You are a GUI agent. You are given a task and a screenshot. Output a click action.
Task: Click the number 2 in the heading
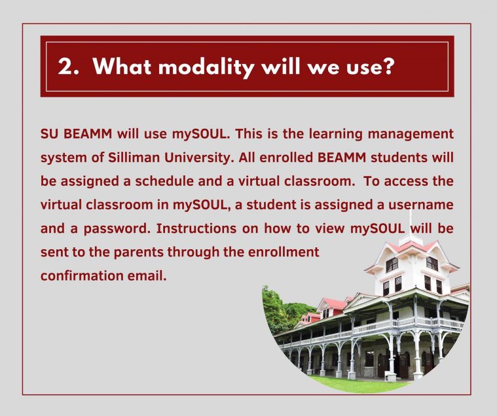65,67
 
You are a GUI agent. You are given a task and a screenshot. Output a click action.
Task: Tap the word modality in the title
206,67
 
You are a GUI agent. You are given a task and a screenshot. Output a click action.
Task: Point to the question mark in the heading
387,66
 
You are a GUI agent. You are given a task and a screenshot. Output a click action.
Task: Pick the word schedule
164,181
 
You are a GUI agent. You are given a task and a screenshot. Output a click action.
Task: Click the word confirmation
82,276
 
